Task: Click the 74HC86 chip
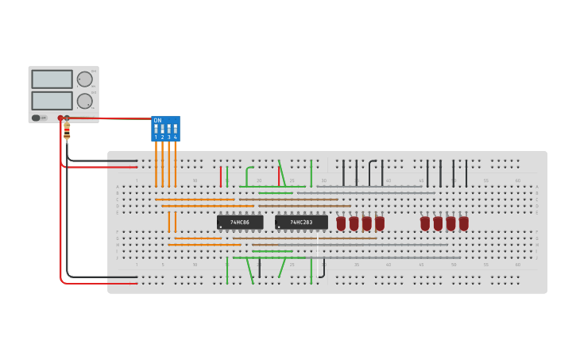240,223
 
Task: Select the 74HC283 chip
301,223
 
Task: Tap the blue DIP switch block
165,128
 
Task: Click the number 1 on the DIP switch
156,137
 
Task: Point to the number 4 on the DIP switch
175,137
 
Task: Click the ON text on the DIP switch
157,120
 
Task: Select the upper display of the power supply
52,79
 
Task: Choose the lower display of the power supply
52,101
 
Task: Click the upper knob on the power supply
84,79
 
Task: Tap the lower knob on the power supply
84,101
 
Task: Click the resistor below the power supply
67,130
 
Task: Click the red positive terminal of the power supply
60,118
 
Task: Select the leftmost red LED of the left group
341,223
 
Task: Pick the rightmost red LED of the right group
463,223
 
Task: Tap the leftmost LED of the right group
425,223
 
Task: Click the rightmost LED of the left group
379,223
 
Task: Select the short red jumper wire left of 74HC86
221,176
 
